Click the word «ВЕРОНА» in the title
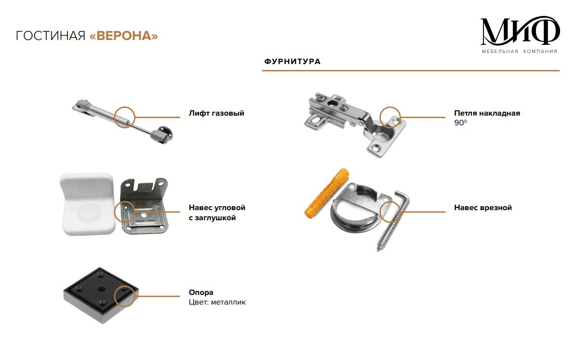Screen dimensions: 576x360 [123, 36]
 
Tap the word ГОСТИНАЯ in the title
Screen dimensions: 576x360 [51, 36]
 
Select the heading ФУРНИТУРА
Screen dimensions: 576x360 [293, 61]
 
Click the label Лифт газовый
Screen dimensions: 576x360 [216, 113]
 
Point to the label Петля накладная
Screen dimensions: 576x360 [487, 113]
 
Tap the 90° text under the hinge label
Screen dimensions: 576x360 [461, 123]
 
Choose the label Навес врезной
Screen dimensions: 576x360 [482, 208]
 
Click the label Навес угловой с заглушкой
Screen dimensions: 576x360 [217, 213]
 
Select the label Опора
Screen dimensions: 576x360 [201, 293]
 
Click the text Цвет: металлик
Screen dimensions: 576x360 [217, 302]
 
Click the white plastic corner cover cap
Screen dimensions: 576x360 [88, 204]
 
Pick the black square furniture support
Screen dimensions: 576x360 [101, 295]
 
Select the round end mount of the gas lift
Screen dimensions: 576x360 [162, 134]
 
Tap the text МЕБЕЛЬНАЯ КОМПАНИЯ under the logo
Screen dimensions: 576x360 [520, 52]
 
